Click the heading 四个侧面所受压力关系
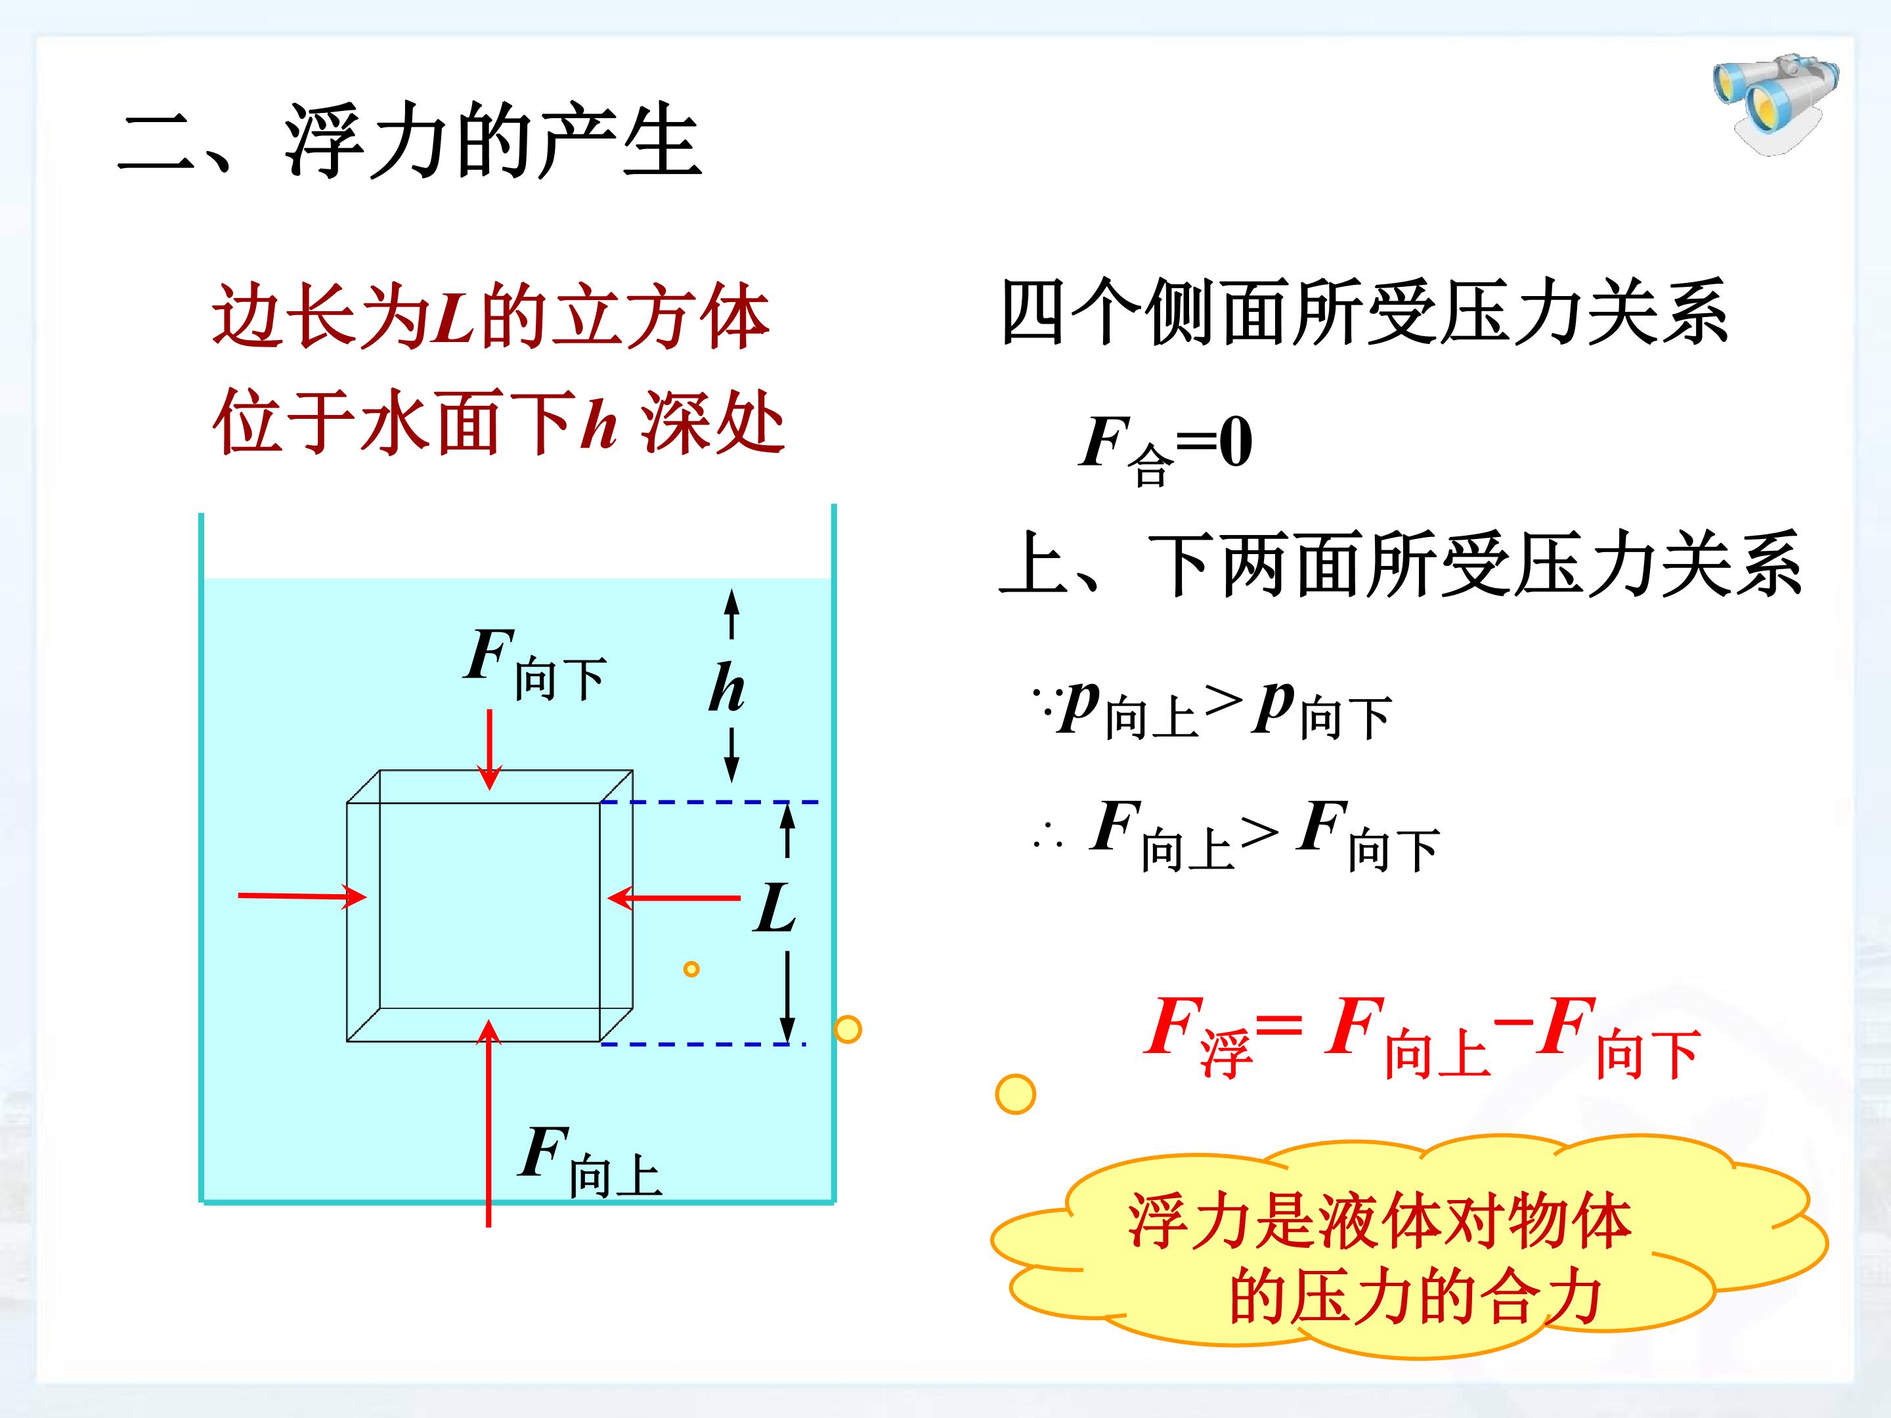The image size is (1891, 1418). pyautogui.click(x=1364, y=312)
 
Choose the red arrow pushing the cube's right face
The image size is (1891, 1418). pyautogui.click(x=674, y=898)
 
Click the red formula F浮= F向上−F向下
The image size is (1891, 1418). pyautogui.click(x=1423, y=1036)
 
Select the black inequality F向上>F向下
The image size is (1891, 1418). pyautogui.click(x=1236, y=834)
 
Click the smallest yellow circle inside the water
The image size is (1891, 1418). pyautogui.click(x=691, y=968)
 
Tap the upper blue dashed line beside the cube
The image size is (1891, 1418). pyautogui.click(x=710, y=802)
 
